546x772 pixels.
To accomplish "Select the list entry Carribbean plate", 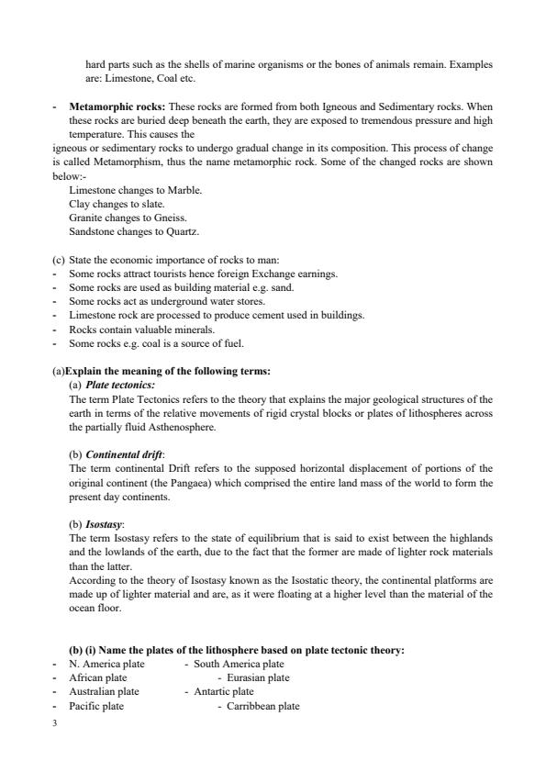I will coord(263,706).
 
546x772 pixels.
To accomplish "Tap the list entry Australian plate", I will coord(104,691).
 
